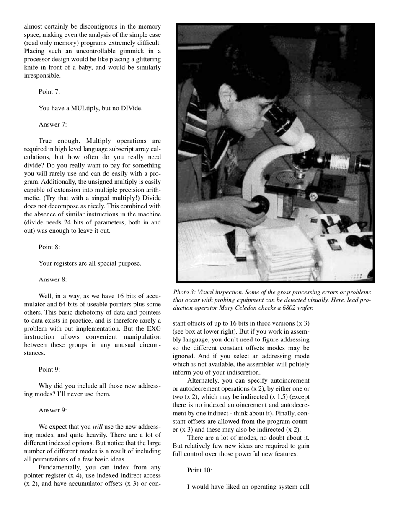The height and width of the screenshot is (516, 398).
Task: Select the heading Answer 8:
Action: [x=53, y=280]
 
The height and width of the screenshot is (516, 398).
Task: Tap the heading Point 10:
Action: [x=199, y=470]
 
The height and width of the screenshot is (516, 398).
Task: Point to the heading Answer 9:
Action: [x=53, y=410]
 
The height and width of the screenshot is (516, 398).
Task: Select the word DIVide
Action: [x=130, y=108]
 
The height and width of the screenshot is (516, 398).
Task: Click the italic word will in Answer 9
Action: [x=98, y=427]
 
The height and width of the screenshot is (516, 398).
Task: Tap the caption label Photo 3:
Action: [x=184, y=292]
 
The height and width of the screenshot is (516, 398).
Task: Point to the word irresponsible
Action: [x=42, y=76]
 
